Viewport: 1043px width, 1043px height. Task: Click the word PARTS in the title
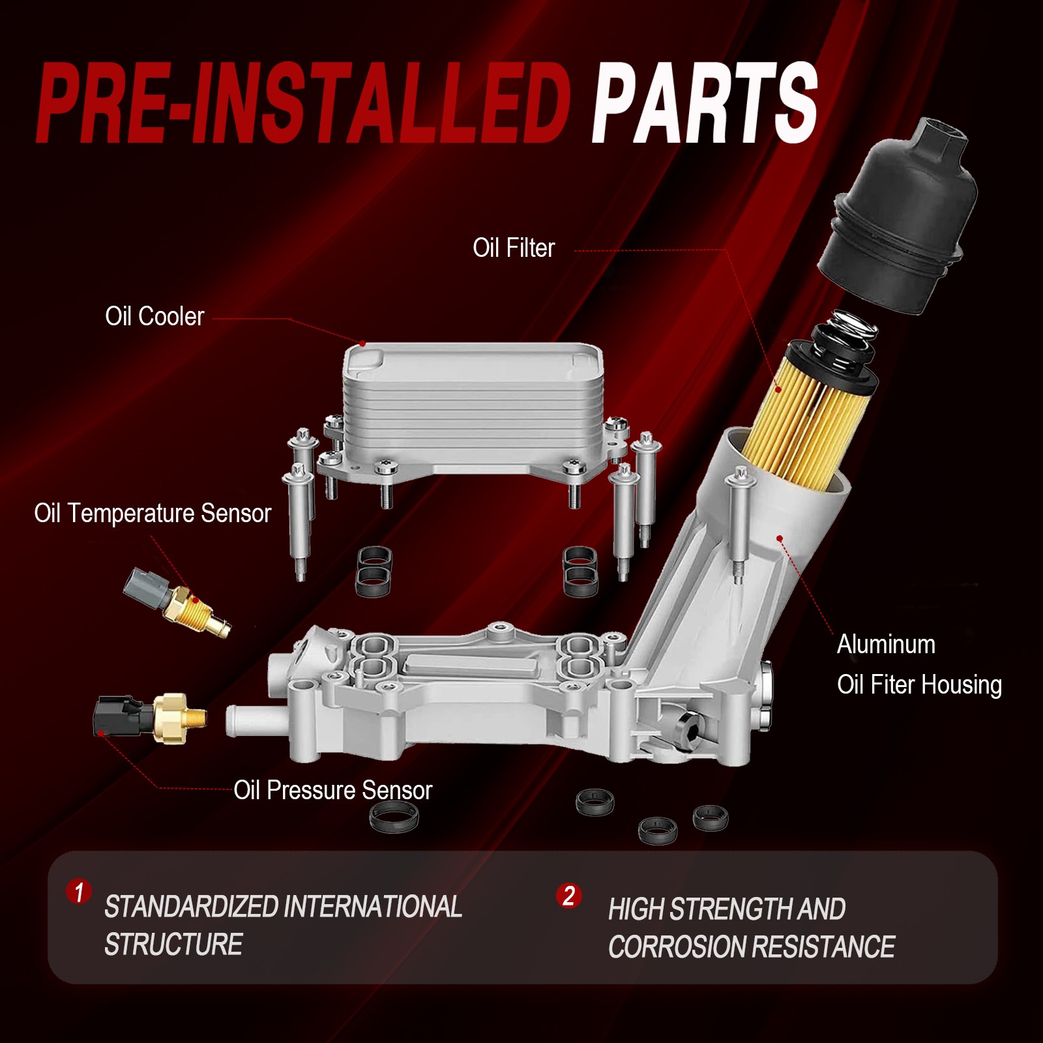pyautogui.click(x=705, y=103)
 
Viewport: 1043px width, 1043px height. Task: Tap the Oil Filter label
pyautogui.click(x=514, y=248)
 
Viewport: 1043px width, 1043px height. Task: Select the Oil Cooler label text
pyautogui.click(x=154, y=317)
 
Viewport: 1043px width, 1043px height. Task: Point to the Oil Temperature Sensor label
pyautogui.click(x=153, y=514)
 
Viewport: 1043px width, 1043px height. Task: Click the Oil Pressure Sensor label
pyautogui.click(x=333, y=791)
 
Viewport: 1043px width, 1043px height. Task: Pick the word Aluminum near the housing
pyautogui.click(x=886, y=645)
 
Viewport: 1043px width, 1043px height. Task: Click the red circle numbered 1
pyautogui.click(x=79, y=892)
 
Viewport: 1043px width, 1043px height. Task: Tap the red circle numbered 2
pyautogui.click(x=568, y=896)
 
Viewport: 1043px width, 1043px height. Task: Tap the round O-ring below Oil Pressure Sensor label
pyautogui.click(x=394, y=816)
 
